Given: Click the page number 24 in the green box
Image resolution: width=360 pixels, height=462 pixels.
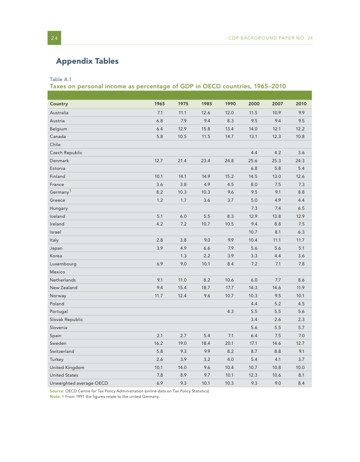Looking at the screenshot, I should point(54,38).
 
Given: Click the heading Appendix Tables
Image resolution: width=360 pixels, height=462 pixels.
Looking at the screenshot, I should point(87,61).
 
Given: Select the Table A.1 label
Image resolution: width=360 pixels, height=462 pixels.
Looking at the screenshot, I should point(61,79).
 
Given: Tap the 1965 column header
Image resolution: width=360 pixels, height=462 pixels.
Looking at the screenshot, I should point(159,104).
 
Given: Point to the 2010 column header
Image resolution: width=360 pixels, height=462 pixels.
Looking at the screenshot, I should point(301,104).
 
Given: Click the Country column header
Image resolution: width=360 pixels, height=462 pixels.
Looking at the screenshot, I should point(59,104).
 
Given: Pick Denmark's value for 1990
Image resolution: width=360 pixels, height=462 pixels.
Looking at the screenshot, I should point(229,161).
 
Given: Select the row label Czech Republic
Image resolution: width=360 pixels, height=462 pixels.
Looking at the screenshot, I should point(66,152).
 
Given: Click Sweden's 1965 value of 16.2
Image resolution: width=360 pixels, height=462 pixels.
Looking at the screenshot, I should point(159,343).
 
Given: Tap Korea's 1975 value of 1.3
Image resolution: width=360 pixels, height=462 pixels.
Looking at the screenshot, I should point(183,256).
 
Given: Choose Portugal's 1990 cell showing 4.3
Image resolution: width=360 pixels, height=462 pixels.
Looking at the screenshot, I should point(231,312).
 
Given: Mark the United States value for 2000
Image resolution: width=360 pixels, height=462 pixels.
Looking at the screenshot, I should point(253,375).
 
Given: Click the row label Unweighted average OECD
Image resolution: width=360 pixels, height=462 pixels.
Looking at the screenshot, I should point(79,383).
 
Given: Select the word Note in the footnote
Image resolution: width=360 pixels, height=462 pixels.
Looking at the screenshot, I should point(55,397).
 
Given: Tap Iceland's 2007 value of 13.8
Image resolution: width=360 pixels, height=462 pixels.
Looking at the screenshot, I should point(276,216).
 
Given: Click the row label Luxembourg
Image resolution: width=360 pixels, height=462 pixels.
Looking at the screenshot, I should point(63,264).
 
